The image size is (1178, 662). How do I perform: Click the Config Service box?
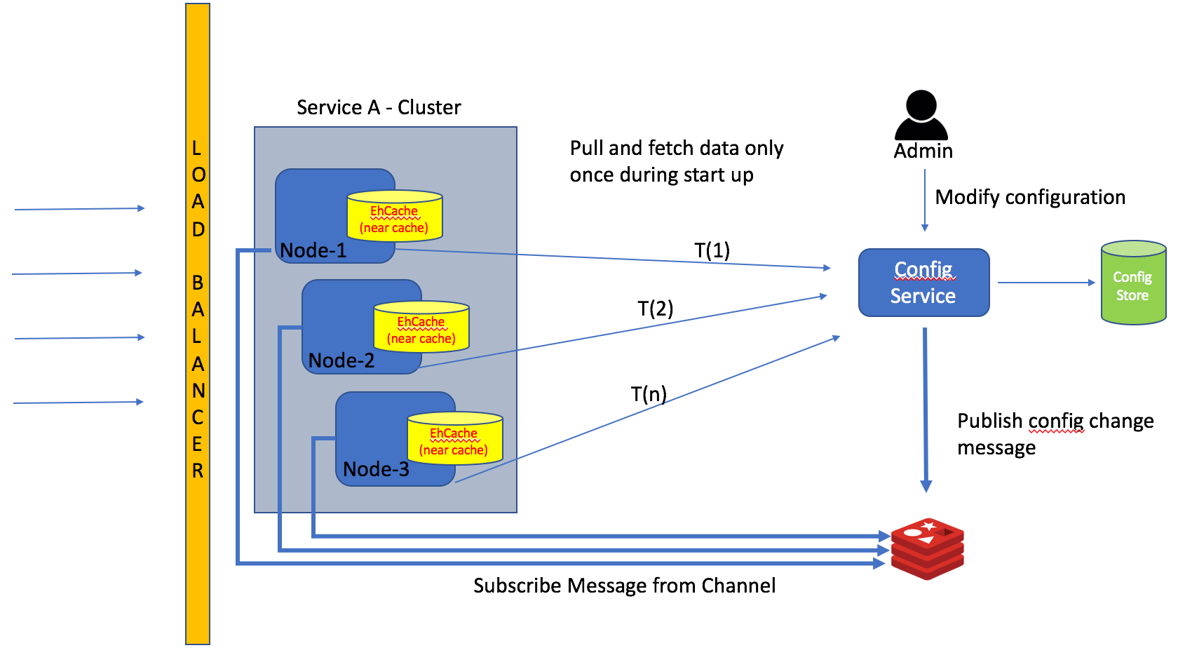click(923, 283)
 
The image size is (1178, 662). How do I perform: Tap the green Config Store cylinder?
click(1132, 283)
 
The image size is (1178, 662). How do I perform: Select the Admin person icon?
click(921, 115)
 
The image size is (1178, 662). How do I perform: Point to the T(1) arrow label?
click(712, 250)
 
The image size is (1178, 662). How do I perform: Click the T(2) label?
click(655, 309)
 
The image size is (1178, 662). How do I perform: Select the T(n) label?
click(648, 394)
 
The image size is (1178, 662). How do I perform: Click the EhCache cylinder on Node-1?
click(395, 217)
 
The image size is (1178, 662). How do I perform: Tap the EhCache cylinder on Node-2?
click(421, 327)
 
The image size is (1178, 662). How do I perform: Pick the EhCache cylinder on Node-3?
click(454, 439)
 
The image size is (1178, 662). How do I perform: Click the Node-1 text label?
click(313, 250)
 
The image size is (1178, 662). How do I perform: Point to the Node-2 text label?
click(341, 360)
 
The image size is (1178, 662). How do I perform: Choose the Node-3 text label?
click(376, 469)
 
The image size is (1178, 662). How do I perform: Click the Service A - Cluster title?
click(379, 107)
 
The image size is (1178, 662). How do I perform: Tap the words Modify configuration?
click(1029, 197)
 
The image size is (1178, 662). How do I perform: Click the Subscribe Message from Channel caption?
click(624, 586)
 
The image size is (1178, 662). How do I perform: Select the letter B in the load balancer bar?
click(198, 283)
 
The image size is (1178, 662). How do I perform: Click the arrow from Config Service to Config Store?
click(1045, 283)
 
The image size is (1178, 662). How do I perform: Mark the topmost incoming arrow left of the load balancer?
click(79, 209)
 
